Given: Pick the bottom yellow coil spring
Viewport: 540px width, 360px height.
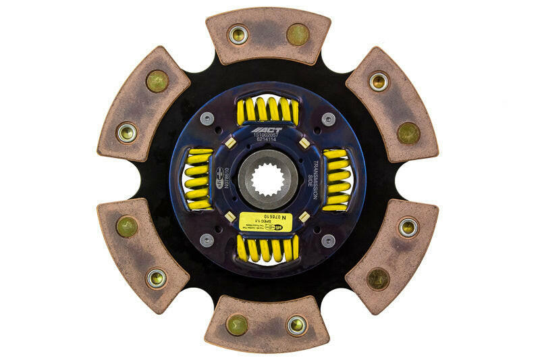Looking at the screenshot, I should coord(267,249).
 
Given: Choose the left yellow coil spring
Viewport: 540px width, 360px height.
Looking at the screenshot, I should coord(198,178).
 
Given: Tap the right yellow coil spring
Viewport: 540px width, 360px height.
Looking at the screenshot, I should coord(337,180).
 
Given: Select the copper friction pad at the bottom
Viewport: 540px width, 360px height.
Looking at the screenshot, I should coord(268,324).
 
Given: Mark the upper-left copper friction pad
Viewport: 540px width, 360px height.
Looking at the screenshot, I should coord(143,105).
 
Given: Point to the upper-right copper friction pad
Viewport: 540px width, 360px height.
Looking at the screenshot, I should coord(392,105).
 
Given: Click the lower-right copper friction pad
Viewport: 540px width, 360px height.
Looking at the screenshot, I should coord(392,255).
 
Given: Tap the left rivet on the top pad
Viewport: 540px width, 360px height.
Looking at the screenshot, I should coord(238,34).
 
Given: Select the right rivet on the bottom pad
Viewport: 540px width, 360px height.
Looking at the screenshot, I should coord(297,325).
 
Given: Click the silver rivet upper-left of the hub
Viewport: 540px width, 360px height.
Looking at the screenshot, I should coord(207,118).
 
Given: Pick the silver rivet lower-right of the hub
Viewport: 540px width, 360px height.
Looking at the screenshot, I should coord(328,240).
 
